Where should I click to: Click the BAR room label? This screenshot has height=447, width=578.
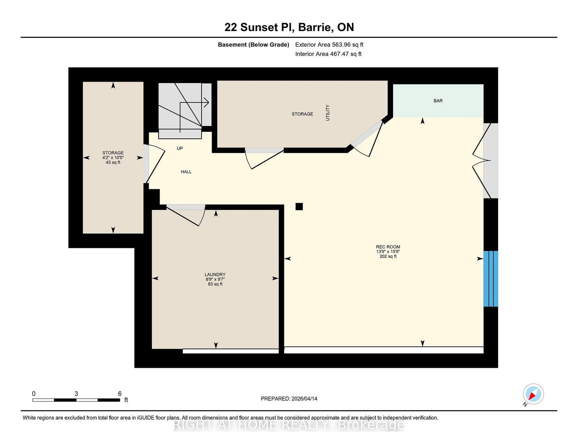(438, 101)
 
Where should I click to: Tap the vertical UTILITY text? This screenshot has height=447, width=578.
(328, 113)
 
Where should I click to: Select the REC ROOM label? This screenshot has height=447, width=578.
(388, 247)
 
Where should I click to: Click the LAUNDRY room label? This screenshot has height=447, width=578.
(215, 275)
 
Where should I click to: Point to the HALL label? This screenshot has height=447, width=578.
(186, 172)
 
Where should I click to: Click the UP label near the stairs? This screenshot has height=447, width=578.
(180, 148)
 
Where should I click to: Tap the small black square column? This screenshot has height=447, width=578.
(299, 206)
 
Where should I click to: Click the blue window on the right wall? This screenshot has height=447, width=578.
(491, 279)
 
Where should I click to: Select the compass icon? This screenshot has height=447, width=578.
(533, 394)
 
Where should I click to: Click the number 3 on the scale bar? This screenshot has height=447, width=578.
(76, 394)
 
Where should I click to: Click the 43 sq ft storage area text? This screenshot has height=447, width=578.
(113, 163)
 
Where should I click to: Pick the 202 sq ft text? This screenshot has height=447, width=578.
(388, 256)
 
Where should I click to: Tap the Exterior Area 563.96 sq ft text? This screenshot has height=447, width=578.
(329, 45)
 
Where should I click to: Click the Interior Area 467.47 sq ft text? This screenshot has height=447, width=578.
(328, 54)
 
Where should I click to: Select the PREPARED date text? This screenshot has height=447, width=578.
(289, 399)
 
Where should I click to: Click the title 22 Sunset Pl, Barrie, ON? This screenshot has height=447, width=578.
(289, 27)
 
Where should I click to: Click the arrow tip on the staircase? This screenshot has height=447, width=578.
(208, 103)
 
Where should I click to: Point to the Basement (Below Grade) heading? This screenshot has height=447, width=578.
(253, 45)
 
